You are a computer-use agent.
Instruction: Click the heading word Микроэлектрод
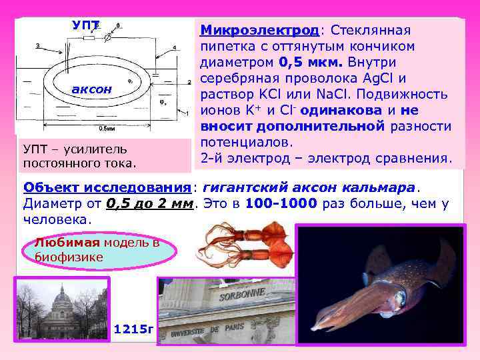259,31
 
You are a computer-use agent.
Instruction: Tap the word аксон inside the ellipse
93,89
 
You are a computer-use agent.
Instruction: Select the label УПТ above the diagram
85,25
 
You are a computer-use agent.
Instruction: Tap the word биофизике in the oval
69,257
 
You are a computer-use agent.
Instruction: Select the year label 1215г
134,329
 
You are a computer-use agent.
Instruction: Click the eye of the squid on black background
400,293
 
